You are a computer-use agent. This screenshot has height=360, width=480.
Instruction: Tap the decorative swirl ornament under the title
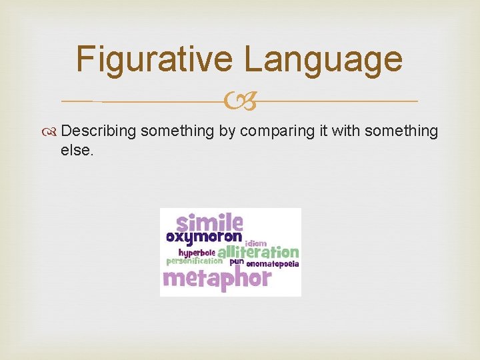tap(239, 102)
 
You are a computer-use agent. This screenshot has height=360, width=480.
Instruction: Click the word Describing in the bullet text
tap(103, 132)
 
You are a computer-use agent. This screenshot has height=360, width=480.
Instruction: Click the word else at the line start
tap(77, 151)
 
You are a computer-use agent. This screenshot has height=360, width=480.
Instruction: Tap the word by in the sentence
tap(227, 132)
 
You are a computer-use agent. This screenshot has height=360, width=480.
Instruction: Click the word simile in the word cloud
tap(209, 221)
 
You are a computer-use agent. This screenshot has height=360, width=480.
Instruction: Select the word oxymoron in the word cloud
tap(203, 237)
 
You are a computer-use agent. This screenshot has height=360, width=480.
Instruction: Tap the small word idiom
tap(256, 243)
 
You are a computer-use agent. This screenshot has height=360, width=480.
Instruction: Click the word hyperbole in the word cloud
tap(196, 253)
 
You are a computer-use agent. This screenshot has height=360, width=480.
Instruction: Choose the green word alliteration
tap(258, 253)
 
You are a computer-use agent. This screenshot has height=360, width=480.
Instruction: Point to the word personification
tap(193, 261)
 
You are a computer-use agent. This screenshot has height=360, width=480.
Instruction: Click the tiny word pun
tap(237, 262)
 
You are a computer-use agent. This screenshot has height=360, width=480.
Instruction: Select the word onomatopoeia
tap(273, 264)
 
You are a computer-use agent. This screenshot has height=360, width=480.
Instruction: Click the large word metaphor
tap(217, 277)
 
